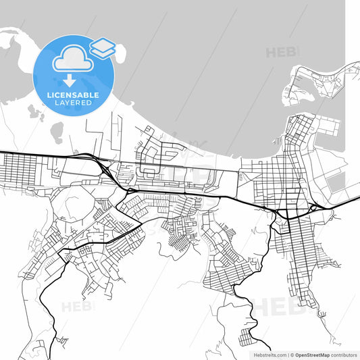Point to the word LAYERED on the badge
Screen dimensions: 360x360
(x=74, y=103)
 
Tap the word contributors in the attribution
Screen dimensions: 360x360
(x=342, y=354)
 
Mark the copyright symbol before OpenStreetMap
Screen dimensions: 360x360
(x=291, y=354)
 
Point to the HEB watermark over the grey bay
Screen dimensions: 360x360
(x=282, y=52)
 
